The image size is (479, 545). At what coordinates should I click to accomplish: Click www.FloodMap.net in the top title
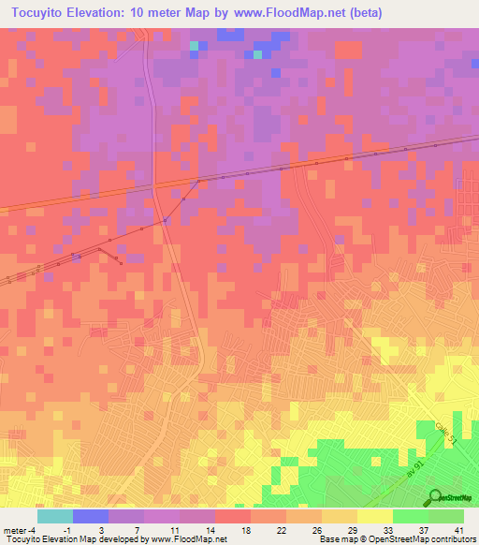(287, 13)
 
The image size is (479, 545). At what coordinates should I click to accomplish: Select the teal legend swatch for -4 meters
(55, 516)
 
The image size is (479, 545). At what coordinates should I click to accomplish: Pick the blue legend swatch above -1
(91, 516)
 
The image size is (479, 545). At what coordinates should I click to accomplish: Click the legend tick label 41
(458, 529)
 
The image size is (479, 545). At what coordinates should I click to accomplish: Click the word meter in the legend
(15, 529)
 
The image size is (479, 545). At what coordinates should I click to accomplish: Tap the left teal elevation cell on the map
(195, 45)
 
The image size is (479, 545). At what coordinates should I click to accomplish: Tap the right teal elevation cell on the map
(257, 54)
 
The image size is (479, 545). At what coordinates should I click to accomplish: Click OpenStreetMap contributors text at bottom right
(425, 539)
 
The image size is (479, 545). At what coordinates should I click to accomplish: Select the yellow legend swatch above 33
(375, 516)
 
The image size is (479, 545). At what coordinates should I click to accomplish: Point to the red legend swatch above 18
(233, 516)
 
